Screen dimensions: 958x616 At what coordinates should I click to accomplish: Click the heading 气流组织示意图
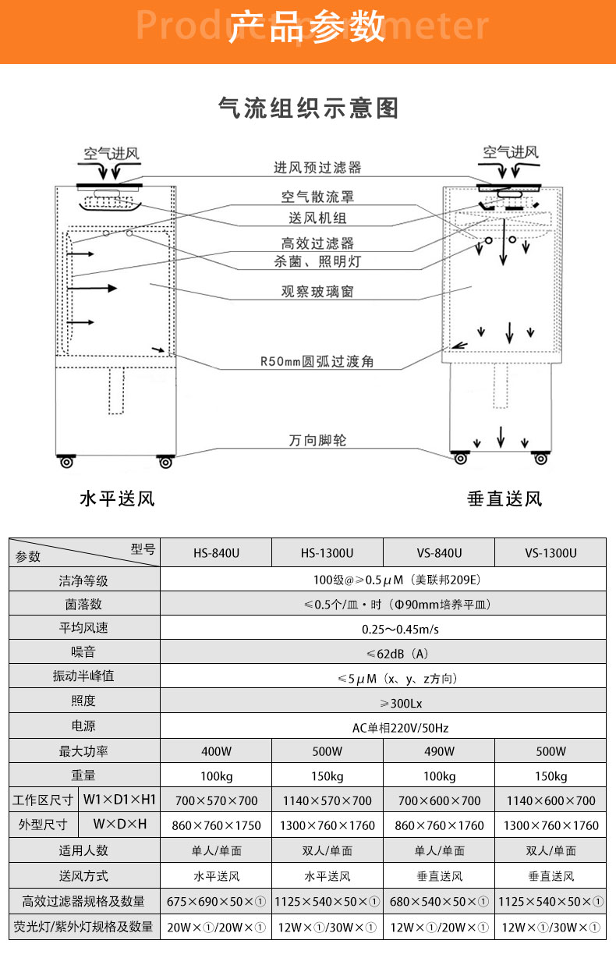pyautogui.click(x=308, y=108)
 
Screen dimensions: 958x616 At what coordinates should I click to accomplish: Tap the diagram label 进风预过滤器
pyautogui.click(x=317, y=168)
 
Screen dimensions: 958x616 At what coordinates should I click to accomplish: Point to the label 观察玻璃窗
pyautogui.click(x=317, y=292)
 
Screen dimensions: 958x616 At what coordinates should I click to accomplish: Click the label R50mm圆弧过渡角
pyautogui.click(x=317, y=362)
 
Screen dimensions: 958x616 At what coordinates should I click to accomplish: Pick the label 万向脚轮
pyautogui.click(x=317, y=441)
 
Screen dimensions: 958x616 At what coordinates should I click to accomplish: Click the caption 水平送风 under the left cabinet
pyautogui.click(x=117, y=499)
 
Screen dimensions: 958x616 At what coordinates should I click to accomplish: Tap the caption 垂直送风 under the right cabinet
pyautogui.click(x=504, y=499)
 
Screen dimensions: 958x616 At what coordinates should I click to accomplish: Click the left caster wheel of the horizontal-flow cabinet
pyautogui.click(x=66, y=463)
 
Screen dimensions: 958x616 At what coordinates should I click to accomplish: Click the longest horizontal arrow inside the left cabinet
pyautogui.click(x=92, y=288)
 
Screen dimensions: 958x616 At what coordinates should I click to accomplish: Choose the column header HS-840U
pyautogui.click(x=216, y=553)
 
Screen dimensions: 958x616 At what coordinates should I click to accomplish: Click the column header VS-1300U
pyautogui.click(x=551, y=553)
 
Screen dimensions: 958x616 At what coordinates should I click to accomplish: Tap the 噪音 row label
pyautogui.click(x=83, y=653)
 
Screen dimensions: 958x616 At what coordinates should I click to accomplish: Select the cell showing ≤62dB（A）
pyautogui.click(x=382, y=653)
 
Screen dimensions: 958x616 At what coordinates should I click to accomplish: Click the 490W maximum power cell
pyautogui.click(x=439, y=752)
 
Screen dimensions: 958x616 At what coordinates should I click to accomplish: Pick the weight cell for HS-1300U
pyautogui.click(x=327, y=776)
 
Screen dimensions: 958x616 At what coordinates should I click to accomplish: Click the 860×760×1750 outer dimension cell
pyautogui.click(x=216, y=825)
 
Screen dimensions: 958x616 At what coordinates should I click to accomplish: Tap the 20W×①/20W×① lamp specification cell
pyautogui.click(x=216, y=927)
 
